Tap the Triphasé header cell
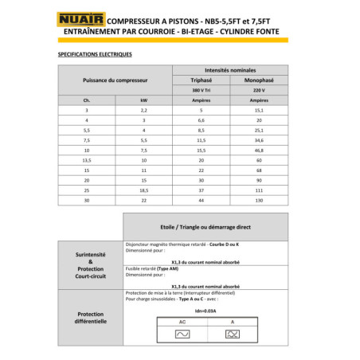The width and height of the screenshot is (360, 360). click(202, 80)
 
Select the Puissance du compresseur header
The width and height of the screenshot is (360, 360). click(115, 80)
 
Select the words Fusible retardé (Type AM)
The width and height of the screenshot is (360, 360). click(152, 268)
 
